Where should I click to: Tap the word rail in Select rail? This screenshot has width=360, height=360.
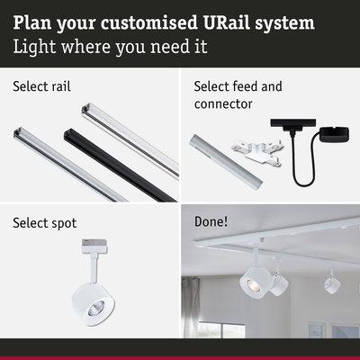[x=84, y=87]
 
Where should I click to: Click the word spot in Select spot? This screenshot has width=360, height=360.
[x=62, y=222]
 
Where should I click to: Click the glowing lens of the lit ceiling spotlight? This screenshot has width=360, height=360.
[x=253, y=283]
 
